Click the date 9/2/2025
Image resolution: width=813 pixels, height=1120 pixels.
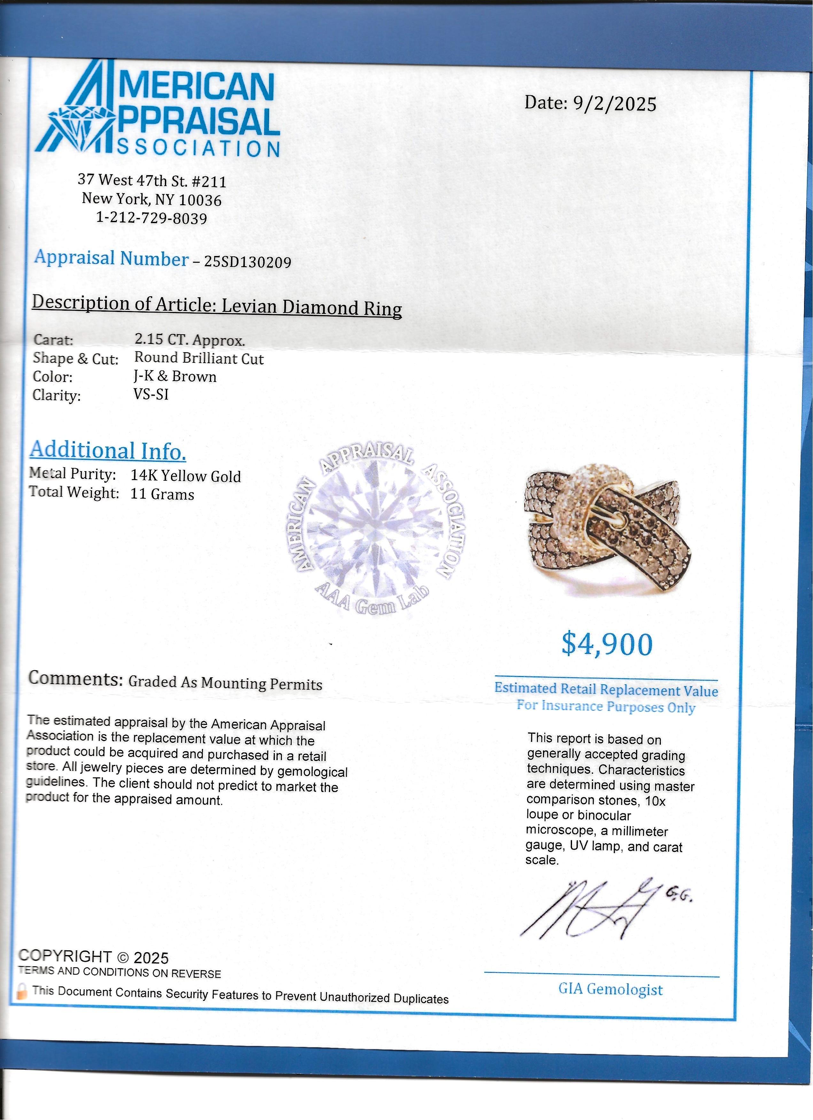pos(614,104)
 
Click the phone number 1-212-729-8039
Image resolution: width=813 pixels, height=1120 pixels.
pos(151,218)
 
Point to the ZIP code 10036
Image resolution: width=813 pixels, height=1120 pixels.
pos(200,200)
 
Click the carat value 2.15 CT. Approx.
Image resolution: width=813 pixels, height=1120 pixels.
pos(190,340)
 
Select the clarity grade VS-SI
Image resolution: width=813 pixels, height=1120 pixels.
pos(151,394)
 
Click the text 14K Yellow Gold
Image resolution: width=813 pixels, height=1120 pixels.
pos(186,476)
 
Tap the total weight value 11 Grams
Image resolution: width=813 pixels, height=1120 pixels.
pos(162,494)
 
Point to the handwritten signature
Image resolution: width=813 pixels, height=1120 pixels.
pos(592,909)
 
